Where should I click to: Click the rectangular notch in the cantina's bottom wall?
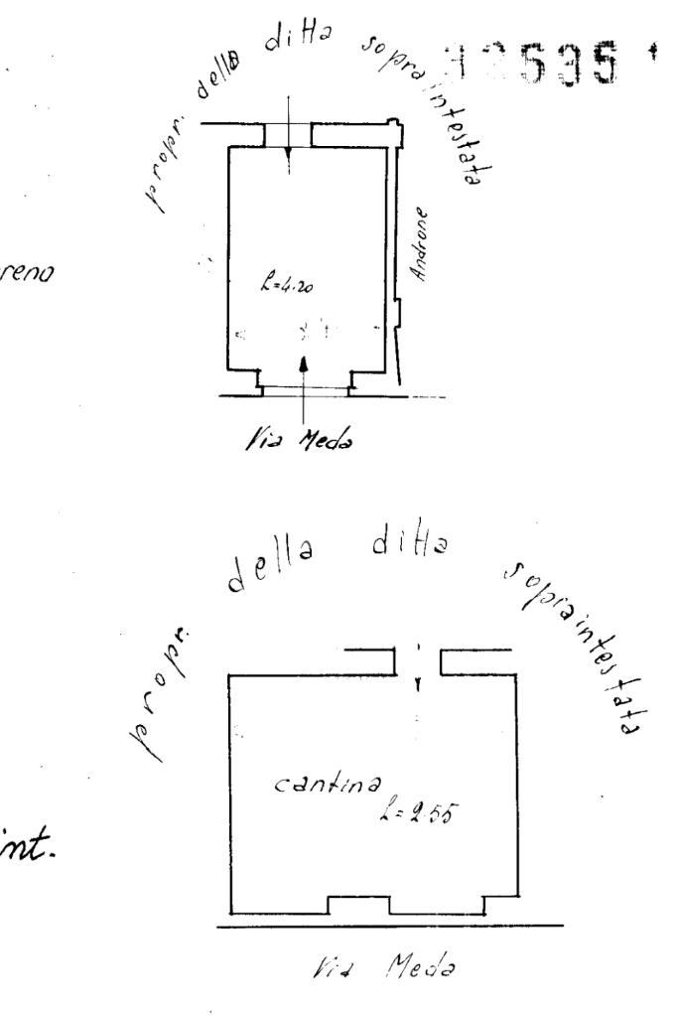tap(356, 905)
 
